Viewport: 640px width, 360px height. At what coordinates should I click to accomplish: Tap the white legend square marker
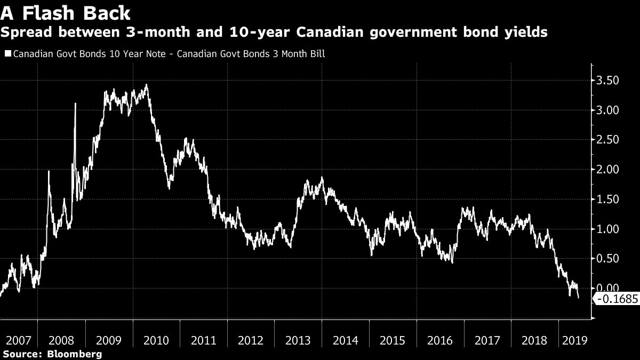click(7, 54)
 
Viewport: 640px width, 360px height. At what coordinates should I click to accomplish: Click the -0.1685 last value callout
click(617, 300)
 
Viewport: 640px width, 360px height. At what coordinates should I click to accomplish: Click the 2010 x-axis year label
click(156, 340)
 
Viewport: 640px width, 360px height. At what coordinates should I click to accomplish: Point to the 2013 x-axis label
click(298, 340)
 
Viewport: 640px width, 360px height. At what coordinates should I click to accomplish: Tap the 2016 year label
click(439, 340)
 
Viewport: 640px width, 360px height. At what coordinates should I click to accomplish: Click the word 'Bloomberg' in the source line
click(75, 354)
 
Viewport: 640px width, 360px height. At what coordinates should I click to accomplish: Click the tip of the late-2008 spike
click(75, 103)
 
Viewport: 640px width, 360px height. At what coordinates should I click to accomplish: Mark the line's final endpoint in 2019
click(579, 298)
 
